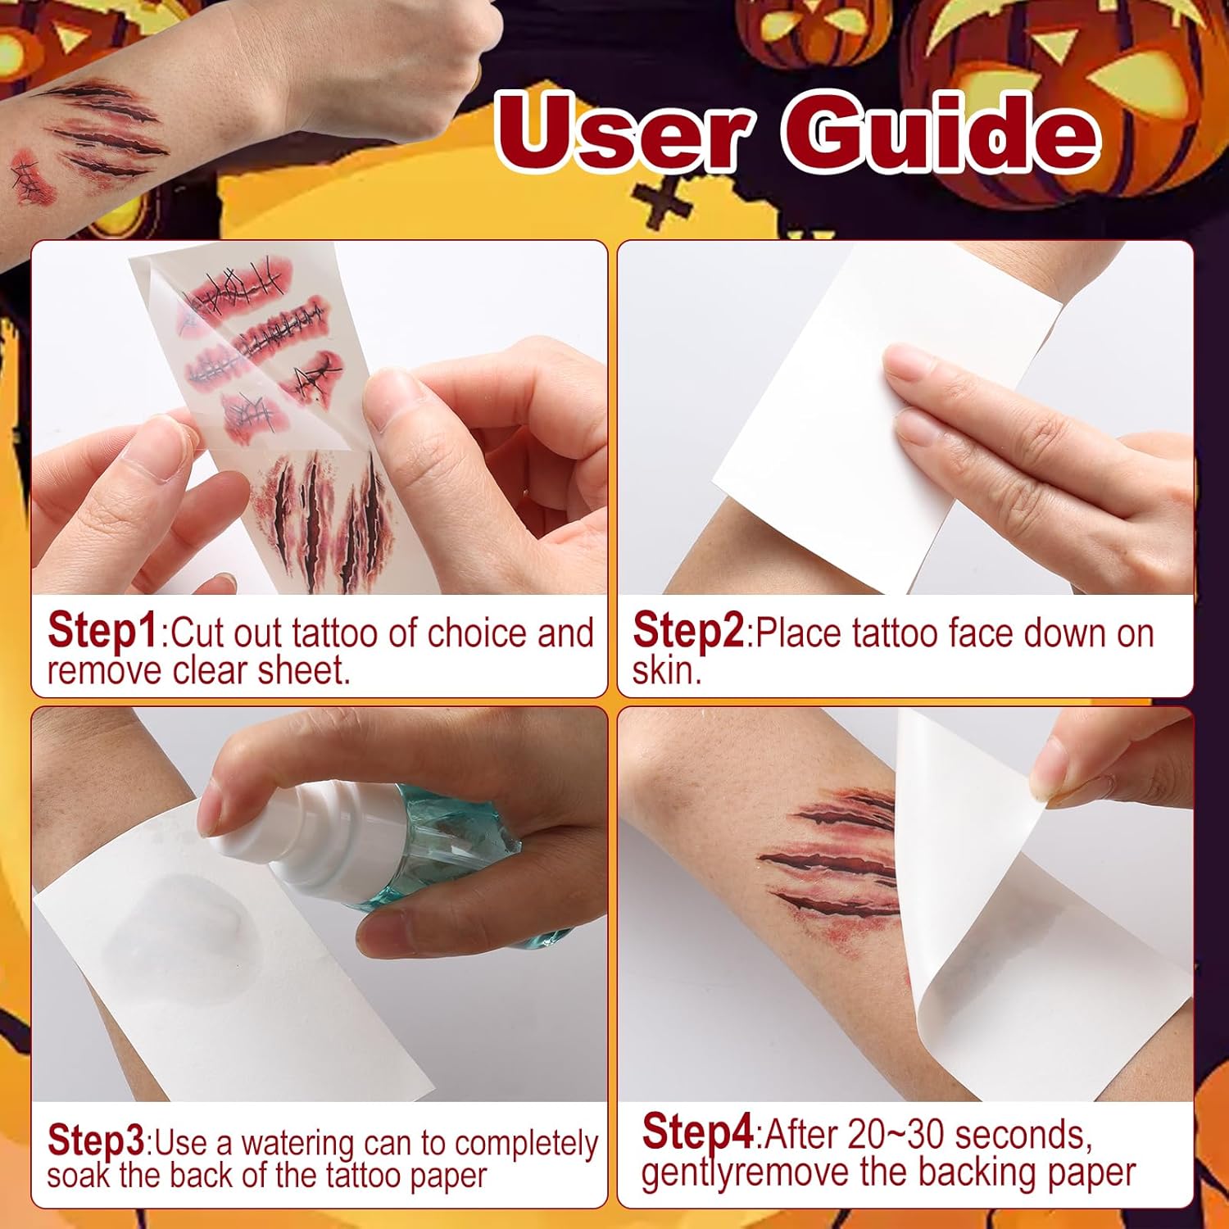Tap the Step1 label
click(x=102, y=632)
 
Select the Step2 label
click(x=688, y=632)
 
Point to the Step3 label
click(x=96, y=1140)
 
